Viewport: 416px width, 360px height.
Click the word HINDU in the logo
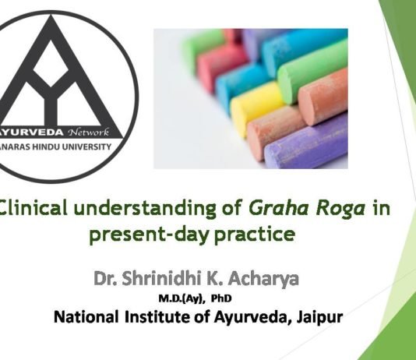(x=65, y=146)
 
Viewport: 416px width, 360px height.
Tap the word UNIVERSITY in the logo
(x=104, y=146)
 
